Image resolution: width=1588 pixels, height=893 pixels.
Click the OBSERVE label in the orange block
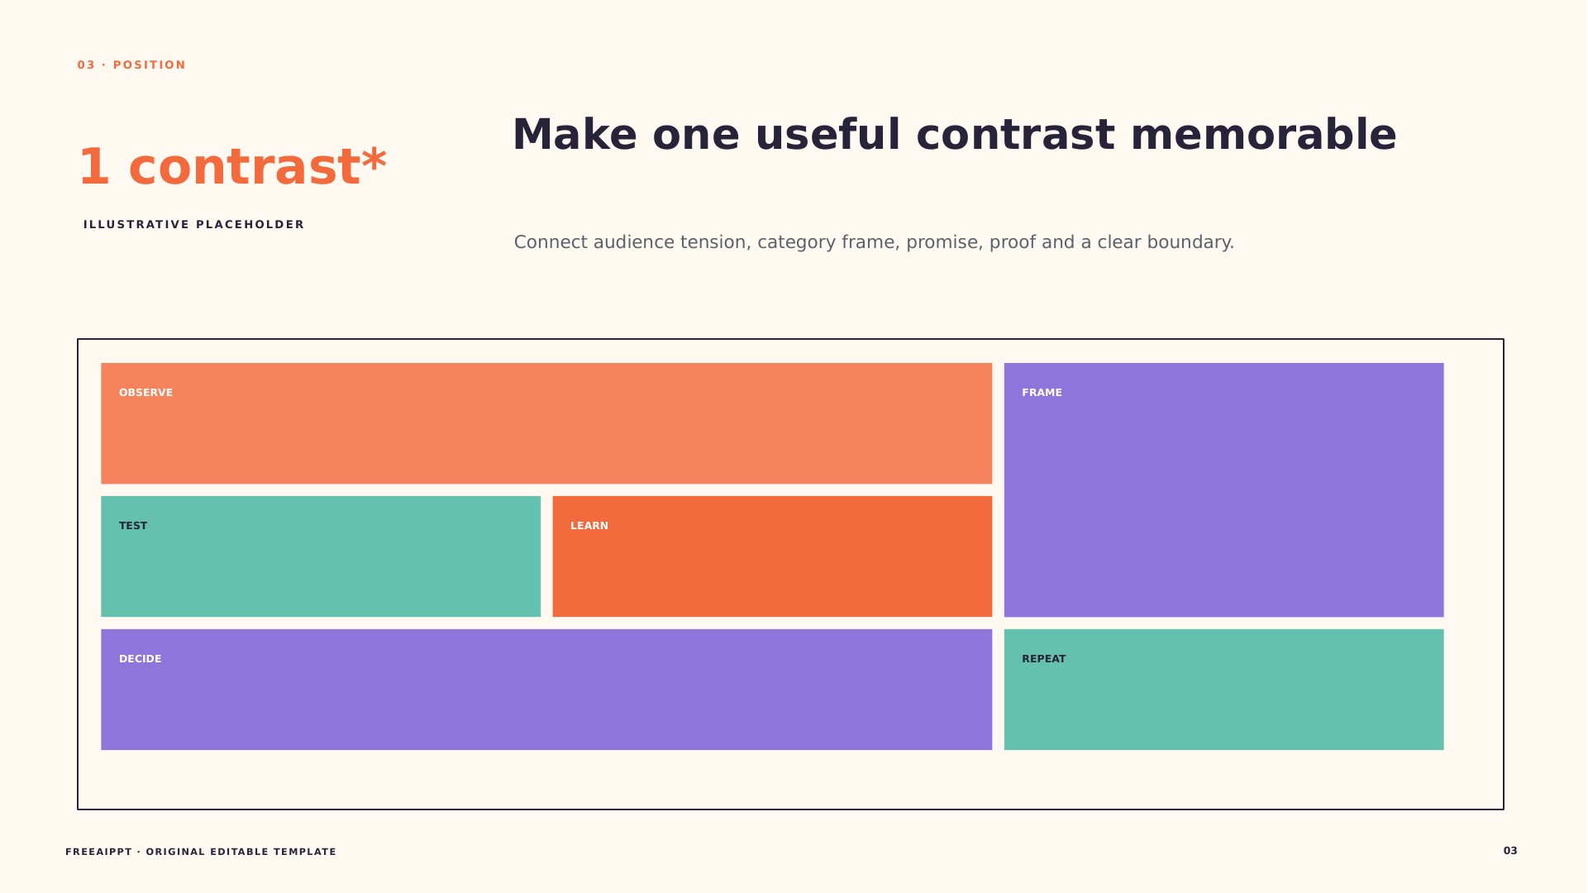point(145,393)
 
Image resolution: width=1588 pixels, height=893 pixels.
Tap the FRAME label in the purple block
point(1042,393)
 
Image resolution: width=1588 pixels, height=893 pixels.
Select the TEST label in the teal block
point(133,526)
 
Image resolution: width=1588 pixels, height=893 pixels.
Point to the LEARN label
point(589,526)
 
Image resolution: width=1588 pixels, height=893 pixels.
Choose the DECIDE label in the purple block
point(141,659)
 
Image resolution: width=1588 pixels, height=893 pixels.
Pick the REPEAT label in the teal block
point(1044,659)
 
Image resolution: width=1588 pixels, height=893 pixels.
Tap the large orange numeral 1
point(93,167)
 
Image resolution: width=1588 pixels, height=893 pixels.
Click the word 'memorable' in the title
point(1263,135)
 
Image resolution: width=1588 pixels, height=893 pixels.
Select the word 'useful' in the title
point(827,135)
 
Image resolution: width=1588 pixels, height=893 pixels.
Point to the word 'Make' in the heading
point(575,135)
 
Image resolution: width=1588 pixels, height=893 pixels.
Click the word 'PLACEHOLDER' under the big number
point(250,225)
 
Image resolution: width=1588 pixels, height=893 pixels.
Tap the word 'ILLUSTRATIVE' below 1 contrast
point(136,225)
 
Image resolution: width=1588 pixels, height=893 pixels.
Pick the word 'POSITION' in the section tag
point(150,65)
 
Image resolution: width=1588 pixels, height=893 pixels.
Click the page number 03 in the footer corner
point(1510,851)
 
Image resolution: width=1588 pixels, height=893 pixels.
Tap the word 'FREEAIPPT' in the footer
point(98,852)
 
